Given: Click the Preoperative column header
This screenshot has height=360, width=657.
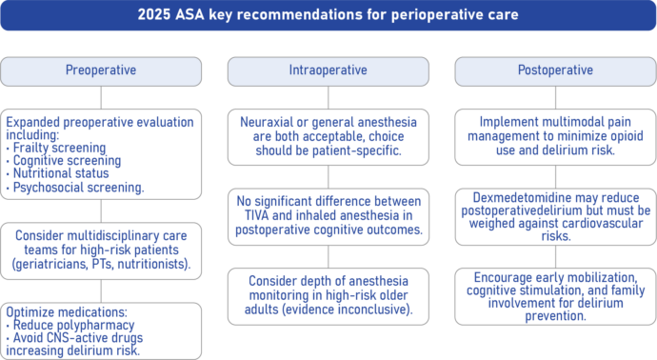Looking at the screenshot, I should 100,70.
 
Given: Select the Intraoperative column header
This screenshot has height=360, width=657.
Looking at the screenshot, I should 328,70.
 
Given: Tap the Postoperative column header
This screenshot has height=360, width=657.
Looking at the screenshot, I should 555,70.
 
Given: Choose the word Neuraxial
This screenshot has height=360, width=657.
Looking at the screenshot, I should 267,122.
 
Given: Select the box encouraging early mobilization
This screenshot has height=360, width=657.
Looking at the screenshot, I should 555,295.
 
